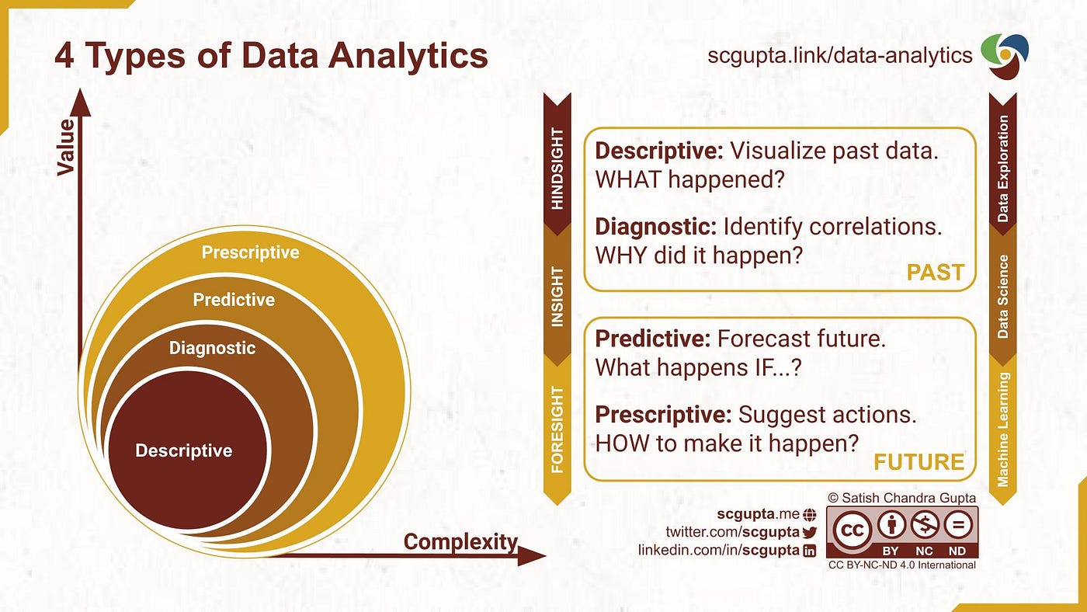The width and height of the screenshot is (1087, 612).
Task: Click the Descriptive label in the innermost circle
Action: pyautogui.click(x=183, y=450)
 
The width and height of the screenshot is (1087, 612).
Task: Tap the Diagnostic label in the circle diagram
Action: pyautogui.click(x=212, y=348)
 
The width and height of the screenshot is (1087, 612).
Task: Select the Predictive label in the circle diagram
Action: pyautogui.click(x=234, y=299)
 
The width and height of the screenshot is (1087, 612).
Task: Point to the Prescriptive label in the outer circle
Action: pyautogui.click(x=250, y=252)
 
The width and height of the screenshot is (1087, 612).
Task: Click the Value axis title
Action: pyautogui.click(x=67, y=147)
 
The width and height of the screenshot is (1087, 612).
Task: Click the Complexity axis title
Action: pyautogui.click(x=460, y=541)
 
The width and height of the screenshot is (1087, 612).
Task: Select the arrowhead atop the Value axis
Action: pyautogui.click(x=81, y=103)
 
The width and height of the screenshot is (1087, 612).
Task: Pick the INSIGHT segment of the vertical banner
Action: pyautogui.click(x=557, y=297)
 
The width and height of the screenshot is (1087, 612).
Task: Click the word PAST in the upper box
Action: pyautogui.click(x=935, y=273)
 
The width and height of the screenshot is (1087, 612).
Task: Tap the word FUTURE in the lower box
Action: pyautogui.click(x=919, y=462)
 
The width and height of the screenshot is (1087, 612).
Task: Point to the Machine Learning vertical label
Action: pyautogui.click(x=1003, y=429)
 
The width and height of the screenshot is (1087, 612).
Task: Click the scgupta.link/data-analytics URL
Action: pyautogui.click(x=839, y=56)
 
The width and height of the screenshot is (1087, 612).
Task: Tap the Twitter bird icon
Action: pyautogui.click(x=809, y=532)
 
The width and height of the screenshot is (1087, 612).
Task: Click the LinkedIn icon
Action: pyautogui.click(x=809, y=550)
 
